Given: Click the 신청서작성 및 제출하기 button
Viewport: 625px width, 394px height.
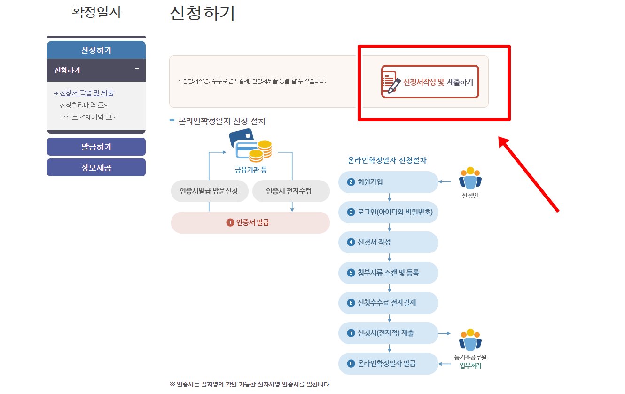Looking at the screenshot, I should (430, 82).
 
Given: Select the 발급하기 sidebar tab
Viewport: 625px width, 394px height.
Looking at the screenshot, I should (96, 147).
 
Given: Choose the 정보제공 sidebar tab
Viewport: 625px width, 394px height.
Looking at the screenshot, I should (96, 167).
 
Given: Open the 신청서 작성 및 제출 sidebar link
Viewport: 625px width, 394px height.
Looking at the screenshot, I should (86, 93).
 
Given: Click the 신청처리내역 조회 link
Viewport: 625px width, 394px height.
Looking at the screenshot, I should (85, 105).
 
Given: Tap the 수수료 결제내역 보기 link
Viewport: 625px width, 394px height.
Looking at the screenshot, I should (88, 117).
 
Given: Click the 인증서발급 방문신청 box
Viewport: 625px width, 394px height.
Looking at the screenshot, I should (208, 191).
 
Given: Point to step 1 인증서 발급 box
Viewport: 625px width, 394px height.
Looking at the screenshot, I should (250, 222).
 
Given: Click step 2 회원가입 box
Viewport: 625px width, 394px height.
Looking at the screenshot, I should (388, 182).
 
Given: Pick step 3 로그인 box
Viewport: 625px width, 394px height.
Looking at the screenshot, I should (388, 212).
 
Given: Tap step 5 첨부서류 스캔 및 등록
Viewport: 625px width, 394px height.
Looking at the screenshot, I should (388, 273).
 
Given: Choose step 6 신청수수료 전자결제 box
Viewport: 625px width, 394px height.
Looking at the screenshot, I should (388, 303).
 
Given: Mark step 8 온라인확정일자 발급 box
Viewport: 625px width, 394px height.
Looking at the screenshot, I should (388, 363).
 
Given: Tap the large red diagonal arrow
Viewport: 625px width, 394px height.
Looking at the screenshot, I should (529, 174).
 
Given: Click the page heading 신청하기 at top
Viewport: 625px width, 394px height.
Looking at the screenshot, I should (202, 13).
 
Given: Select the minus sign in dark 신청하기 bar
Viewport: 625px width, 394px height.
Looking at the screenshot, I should (137, 69).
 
